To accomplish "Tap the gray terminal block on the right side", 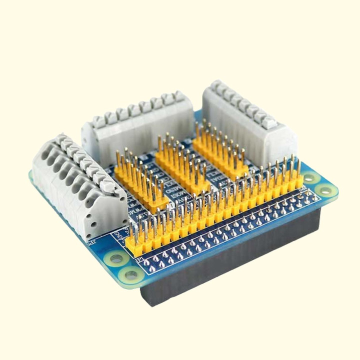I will click(247, 122).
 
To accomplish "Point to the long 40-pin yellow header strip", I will click(215, 210).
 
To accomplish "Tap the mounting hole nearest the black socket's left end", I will click(133, 274).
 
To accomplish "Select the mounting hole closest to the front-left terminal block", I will click(116, 258).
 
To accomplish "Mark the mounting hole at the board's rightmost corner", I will click(325, 190).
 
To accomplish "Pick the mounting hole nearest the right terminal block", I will click(310, 177).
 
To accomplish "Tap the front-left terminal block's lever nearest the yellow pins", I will click(108, 186).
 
